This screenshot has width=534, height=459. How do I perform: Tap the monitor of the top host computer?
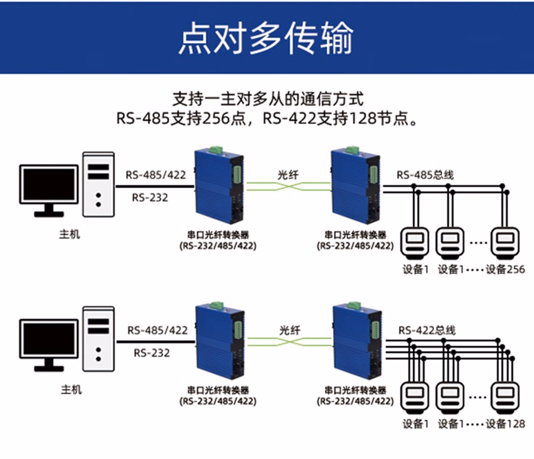point(49,184)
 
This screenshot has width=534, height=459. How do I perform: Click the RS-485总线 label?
point(426,175)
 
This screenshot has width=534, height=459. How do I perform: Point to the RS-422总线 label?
point(427,330)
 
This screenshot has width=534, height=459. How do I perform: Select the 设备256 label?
point(505,269)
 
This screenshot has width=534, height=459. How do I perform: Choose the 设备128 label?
point(505,424)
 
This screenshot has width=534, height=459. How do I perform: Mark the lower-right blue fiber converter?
point(358,342)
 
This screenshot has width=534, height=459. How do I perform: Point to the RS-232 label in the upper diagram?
point(150,197)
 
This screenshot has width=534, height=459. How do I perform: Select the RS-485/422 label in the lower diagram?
point(158,330)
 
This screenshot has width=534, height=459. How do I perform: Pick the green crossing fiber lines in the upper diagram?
point(288,187)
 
